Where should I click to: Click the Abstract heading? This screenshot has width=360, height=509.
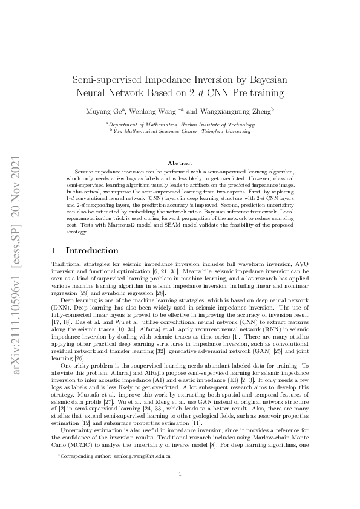pos(180,163)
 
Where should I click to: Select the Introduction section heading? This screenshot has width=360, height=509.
pos(92,251)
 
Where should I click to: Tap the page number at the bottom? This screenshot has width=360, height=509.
pos(180,474)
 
